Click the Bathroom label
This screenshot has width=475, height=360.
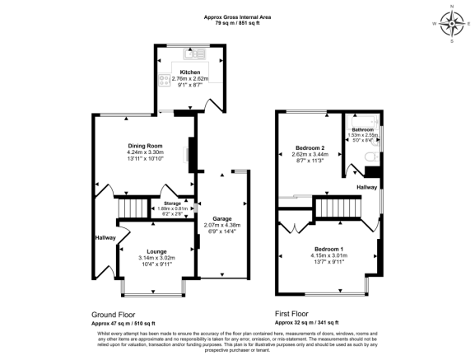coord(363,130)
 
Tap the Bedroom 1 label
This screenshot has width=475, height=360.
coord(329,248)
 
